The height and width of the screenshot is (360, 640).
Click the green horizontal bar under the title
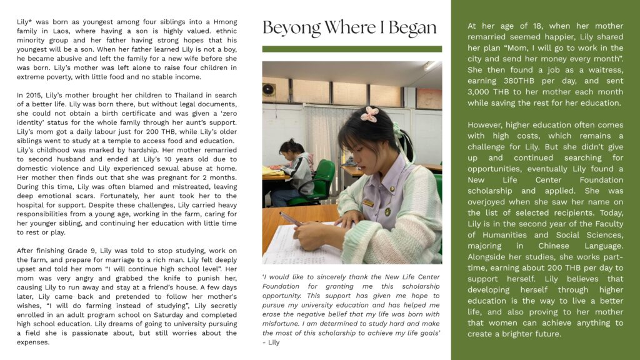point(352,49)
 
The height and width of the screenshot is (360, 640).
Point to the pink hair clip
point(371,114)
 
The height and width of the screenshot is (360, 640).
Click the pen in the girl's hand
point(289,219)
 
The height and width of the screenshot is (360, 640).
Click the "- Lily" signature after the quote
point(271,342)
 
